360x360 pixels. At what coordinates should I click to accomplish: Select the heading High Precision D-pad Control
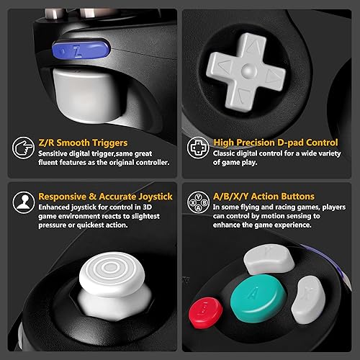(x=274, y=143)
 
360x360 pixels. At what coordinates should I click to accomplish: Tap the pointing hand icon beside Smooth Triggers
(x=22, y=149)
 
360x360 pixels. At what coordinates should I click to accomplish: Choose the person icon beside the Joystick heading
(x=22, y=202)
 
